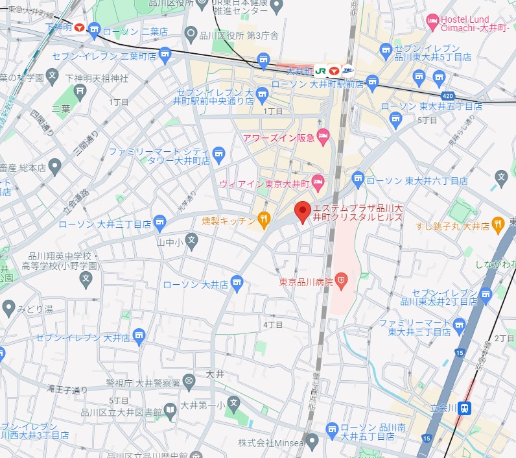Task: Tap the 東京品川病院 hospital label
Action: (305, 282)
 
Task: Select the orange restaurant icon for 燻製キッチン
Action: (264, 221)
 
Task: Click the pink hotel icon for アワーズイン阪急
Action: (323, 137)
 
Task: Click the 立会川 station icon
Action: (465, 408)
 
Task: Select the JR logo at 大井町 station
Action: (320, 70)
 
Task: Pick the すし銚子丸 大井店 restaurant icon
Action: (498, 225)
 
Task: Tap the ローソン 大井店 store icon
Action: (238, 283)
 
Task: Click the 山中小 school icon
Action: (191, 241)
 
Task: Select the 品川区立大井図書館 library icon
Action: (170, 409)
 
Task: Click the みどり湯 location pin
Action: (8, 307)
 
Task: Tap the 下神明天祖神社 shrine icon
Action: (81, 90)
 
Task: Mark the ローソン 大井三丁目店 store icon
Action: (159, 224)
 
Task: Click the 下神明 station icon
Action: (79, 28)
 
